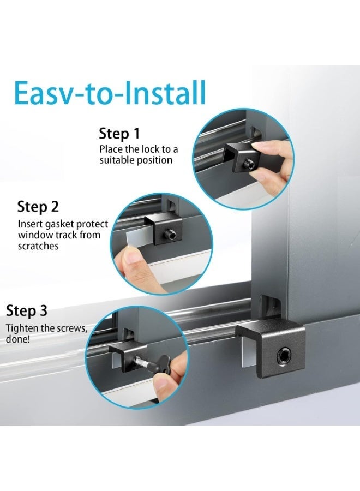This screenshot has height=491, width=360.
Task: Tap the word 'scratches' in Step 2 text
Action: click(x=38, y=246)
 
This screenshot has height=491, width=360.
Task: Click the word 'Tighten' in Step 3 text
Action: click(x=23, y=328)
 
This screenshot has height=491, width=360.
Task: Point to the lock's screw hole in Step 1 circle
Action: click(x=249, y=162)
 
